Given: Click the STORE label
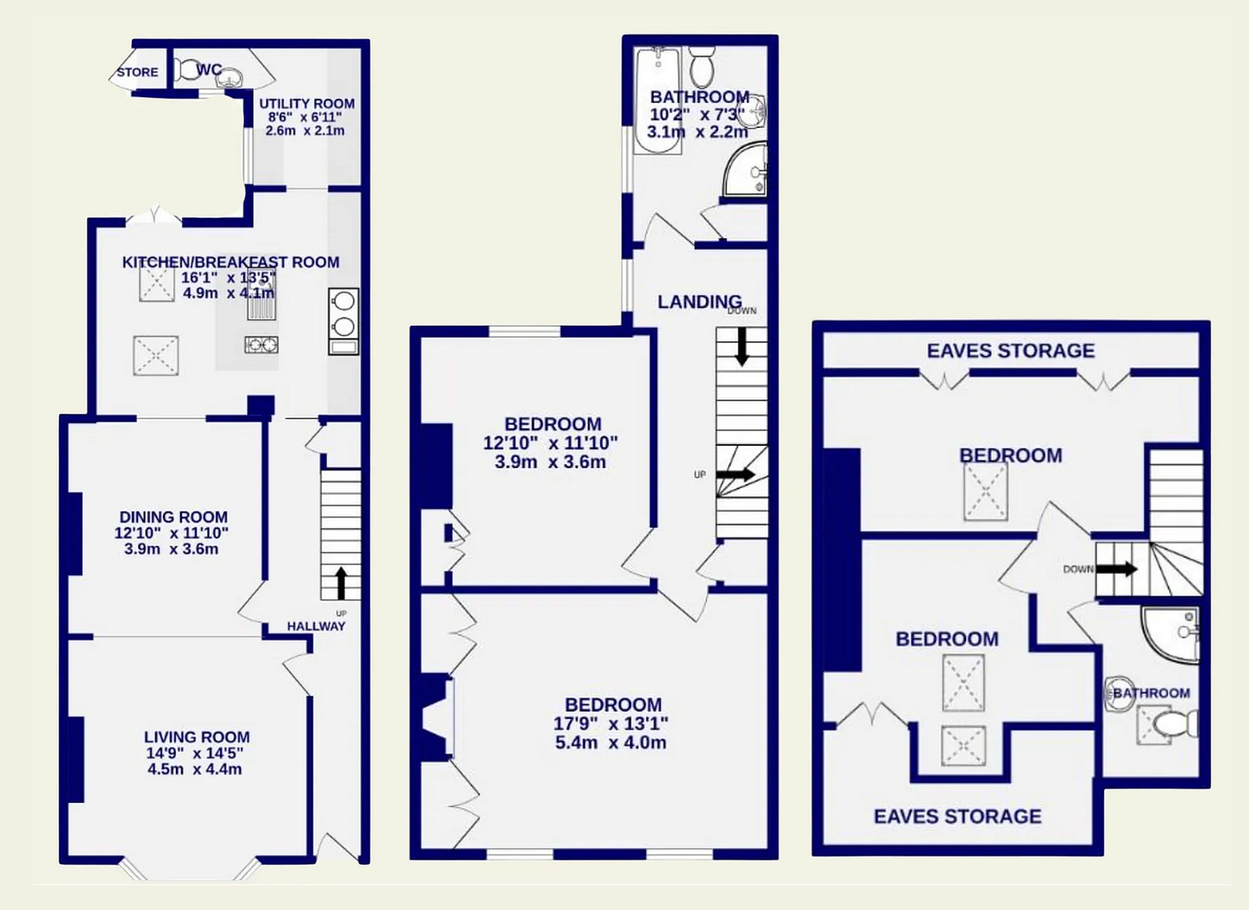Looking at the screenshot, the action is coord(137,73).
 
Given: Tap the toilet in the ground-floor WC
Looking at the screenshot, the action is coord(184,70).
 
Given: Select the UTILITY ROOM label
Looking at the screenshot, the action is coord(307,104).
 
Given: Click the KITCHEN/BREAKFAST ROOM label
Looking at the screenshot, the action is coord(230,262).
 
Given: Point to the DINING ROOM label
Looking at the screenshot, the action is coord(173,517).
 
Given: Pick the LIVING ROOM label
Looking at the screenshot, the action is coord(196,737).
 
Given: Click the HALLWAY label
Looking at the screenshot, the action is coord(317,626).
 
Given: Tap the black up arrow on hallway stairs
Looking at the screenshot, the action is coord(341,583).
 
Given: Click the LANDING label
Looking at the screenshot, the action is coord(700,302).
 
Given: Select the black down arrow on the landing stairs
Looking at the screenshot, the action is coord(741,347).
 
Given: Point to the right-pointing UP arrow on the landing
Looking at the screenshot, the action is coord(735,474).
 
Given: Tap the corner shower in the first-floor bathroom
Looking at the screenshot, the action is coord(746,168).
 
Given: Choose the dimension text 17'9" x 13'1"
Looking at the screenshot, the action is coord(611,724).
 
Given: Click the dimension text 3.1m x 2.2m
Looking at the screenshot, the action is coord(697,132).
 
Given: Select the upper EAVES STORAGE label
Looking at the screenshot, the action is coord(1011,351).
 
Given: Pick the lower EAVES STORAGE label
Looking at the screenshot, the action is coord(957,817).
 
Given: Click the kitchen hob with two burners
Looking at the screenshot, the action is coord(262,345).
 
